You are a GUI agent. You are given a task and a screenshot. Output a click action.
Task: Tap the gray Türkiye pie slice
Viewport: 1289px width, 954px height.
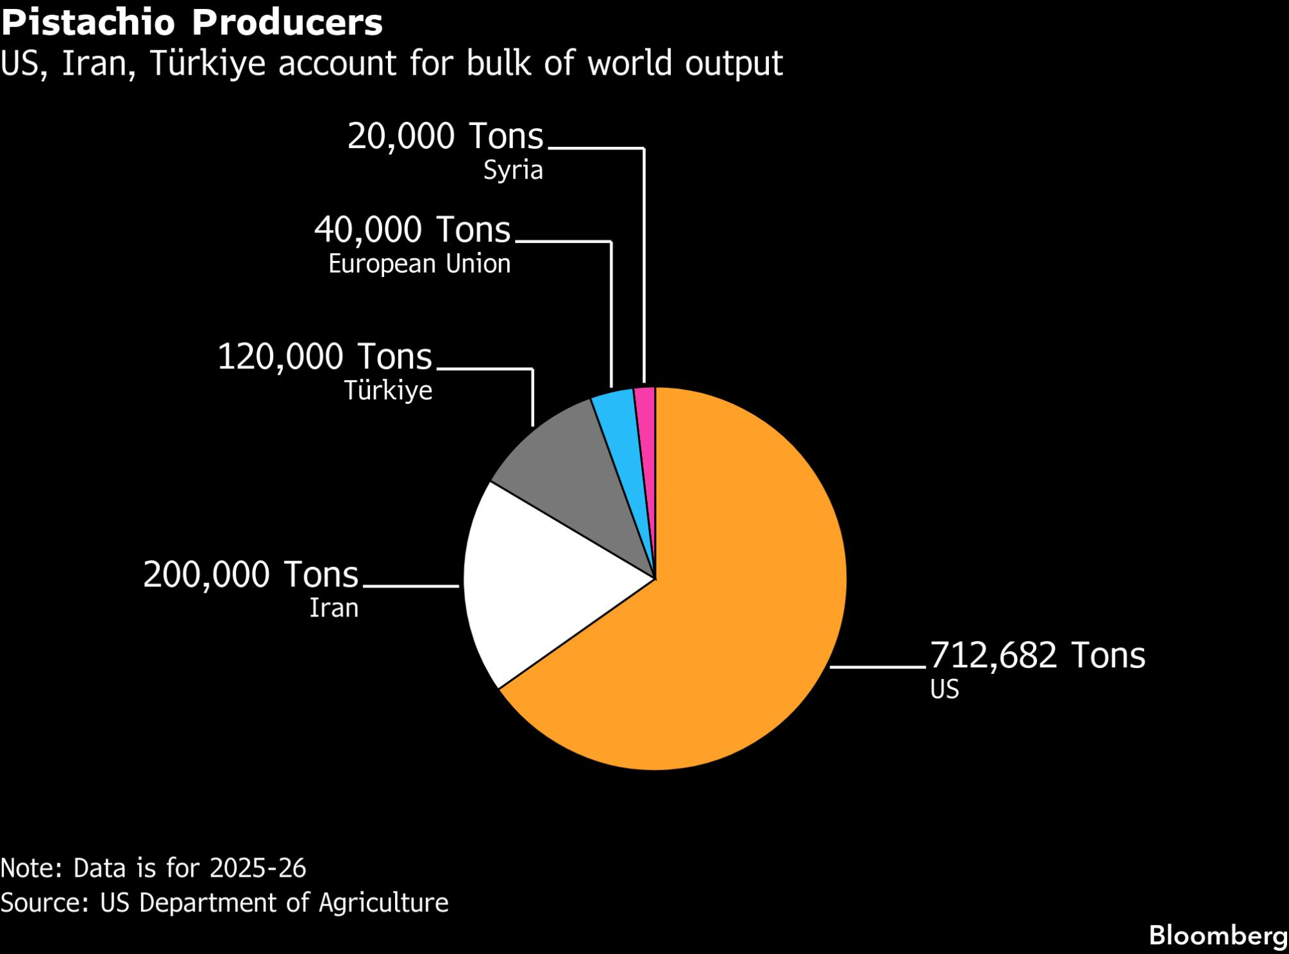coord(574,470)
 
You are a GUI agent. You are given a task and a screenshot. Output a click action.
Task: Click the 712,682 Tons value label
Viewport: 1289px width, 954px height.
coord(1037,656)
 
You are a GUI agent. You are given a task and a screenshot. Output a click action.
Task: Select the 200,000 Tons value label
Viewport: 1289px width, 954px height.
coord(250,575)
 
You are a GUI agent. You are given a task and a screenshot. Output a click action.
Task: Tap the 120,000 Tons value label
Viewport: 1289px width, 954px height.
coord(324,357)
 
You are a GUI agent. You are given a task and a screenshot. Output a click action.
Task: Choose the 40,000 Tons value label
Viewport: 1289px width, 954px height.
coord(412,230)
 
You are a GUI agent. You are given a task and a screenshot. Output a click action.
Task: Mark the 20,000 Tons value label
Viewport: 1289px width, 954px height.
coord(445,137)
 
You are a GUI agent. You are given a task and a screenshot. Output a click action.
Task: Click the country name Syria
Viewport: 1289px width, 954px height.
coord(513,171)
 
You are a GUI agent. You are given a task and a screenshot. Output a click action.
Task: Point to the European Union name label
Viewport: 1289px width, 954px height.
coord(419,264)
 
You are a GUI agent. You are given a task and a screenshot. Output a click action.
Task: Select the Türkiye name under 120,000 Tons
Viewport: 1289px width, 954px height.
coord(387,391)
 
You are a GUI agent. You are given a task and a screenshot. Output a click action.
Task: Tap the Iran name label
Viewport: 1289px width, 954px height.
coord(333,608)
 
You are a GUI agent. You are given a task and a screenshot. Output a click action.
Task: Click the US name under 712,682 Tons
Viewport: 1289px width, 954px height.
coord(944,689)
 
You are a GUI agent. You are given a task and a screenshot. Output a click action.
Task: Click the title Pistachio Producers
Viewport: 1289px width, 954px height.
coord(191,23)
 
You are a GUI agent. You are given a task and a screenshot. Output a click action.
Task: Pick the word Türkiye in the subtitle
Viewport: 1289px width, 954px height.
coord(207,64)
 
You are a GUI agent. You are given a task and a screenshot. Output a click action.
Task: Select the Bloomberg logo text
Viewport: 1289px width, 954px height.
coord(1217,935)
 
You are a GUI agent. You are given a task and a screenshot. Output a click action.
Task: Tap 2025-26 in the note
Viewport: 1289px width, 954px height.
coord(257,868)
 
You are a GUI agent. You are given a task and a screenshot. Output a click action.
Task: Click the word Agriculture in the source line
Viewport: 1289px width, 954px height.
coord(383,903)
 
